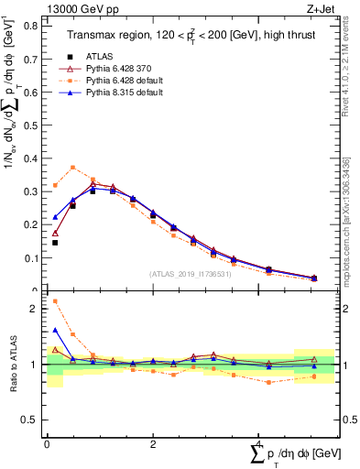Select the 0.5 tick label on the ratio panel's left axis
pyautogui.click(x=33, y=420)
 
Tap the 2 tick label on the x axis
pyautogui.click(x=152, y=444)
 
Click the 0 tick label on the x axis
pyautogui.click(x=47, y=444)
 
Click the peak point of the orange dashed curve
pyautogui.click(x=73, y=168)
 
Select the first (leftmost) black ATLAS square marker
pyautogui.click(x=55, y=243)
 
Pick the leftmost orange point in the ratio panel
pyautogui.click(x=55, y=301)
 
